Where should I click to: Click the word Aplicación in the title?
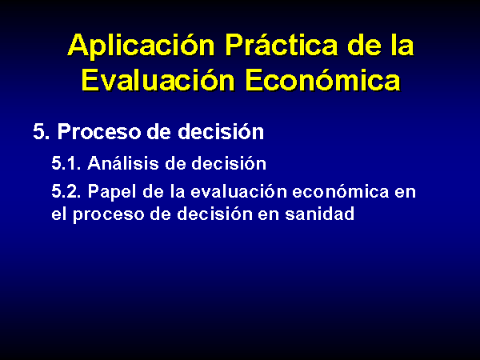141,46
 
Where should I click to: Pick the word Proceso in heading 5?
99,132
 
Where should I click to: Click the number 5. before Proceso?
41,132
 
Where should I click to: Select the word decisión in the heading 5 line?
221,131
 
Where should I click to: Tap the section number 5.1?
66,163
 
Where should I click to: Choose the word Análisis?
123,162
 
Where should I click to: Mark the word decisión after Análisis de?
229,162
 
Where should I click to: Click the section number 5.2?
66,191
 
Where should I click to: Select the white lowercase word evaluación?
239,191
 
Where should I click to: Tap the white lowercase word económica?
341,191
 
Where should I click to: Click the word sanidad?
320,213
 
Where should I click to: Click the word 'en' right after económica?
405,192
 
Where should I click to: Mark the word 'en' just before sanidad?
269,214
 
